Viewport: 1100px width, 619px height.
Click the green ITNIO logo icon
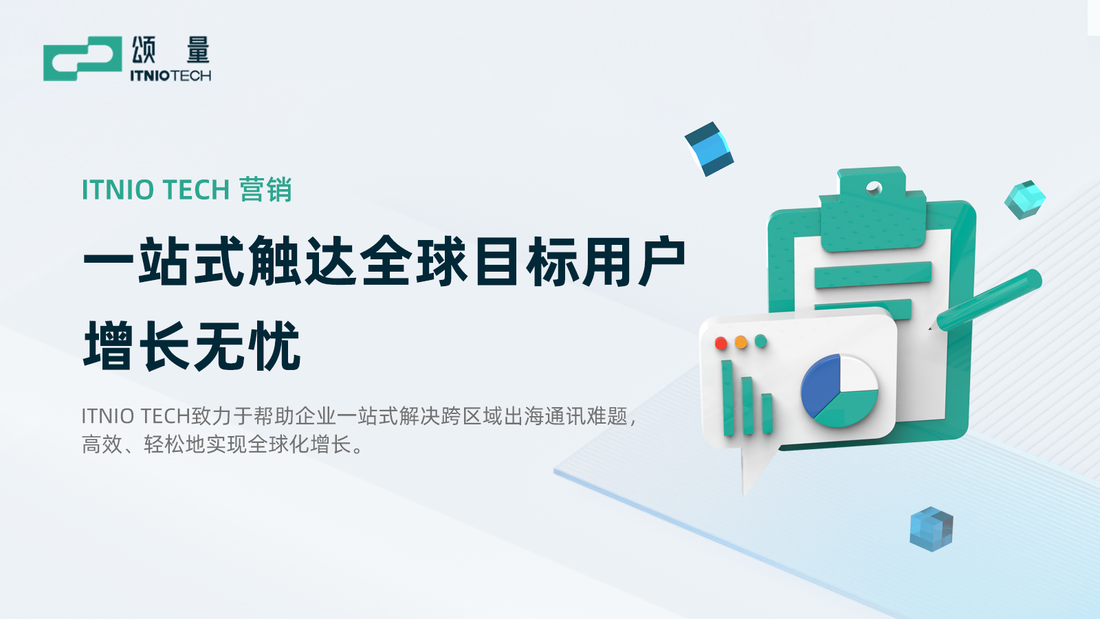[x=82, y=58]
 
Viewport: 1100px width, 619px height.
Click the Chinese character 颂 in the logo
[x=144, y=50]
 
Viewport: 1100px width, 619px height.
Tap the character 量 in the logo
[x=198, y=50]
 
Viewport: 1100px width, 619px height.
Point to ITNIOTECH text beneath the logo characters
[x=170, y=76]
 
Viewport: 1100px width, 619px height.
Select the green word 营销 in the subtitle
[x=265, y=189]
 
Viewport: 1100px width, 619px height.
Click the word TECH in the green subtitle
[x=196, y=190]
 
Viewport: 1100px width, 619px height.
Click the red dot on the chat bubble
[x=721, y=343]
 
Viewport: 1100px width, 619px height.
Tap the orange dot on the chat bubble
[x=740, y=342]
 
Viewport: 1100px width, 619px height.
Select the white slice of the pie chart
[x=859, y=373]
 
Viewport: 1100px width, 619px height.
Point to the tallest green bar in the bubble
[x=728, y=398]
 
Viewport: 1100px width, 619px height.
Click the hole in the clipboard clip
[x=874, y=188]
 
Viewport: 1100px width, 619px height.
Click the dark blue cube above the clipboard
[x=709, y=149]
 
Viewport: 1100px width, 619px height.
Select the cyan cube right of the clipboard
[x=1025, y=199]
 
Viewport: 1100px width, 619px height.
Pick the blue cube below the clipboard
[x=931, y=529]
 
